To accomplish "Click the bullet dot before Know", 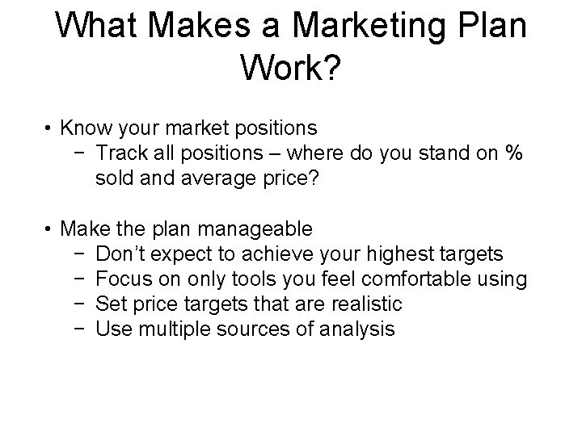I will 49,129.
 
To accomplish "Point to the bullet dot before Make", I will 49,230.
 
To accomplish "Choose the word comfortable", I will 411,279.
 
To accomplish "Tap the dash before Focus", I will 75,279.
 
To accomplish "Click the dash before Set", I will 75,304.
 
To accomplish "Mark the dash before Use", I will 75,329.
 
